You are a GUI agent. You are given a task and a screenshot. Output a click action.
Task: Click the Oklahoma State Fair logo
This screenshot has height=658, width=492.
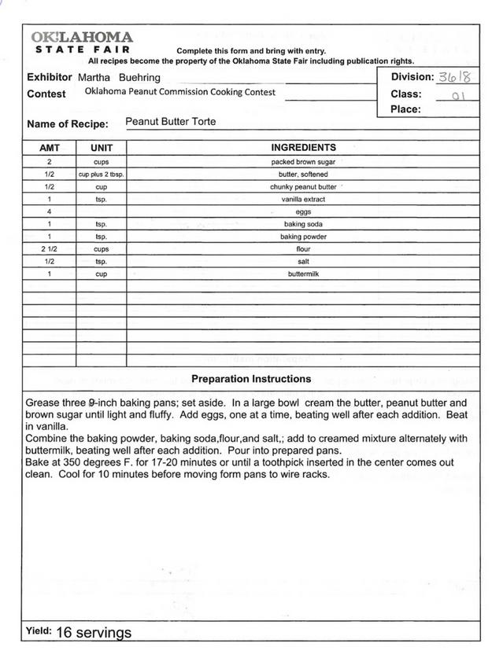[x=82, y=42]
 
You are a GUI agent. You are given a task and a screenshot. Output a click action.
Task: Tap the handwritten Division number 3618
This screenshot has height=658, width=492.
[x=454, y=77]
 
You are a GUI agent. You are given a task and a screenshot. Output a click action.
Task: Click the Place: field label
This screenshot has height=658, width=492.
[x=405, y=109]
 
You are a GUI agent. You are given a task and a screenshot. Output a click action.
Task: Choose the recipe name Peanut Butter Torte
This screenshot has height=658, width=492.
[x=170, y=122]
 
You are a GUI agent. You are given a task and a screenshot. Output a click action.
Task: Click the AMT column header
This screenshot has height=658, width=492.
[x=50, y=148]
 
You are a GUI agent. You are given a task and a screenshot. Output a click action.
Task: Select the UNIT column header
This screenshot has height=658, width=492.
[x=102, y=148]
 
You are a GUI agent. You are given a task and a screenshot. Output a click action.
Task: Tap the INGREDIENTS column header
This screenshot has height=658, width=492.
[x=303, y=147]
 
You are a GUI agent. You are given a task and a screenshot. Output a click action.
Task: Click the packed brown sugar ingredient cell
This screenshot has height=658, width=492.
[x=303, y=162]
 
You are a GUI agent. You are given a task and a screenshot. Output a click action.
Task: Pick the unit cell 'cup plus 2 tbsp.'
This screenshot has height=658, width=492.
[x=102, y=175]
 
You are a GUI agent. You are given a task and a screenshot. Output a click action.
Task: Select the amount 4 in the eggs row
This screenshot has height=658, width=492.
[x=50, y=212]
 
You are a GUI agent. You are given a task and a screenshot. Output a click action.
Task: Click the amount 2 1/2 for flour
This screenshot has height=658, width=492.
[x=50, y=249]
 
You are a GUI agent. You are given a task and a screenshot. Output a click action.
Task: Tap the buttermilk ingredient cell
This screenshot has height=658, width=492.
[x=303, y=274]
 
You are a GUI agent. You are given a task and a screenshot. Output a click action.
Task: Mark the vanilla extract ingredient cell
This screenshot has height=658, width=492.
[x=303, y=200]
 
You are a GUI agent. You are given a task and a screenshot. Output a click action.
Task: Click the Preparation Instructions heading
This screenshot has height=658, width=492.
[x=251, y=379]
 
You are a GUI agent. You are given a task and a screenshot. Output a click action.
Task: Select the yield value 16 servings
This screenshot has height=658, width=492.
[x=94, y=633]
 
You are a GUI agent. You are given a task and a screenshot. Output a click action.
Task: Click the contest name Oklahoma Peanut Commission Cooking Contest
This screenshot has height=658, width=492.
[x=180, y=92]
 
